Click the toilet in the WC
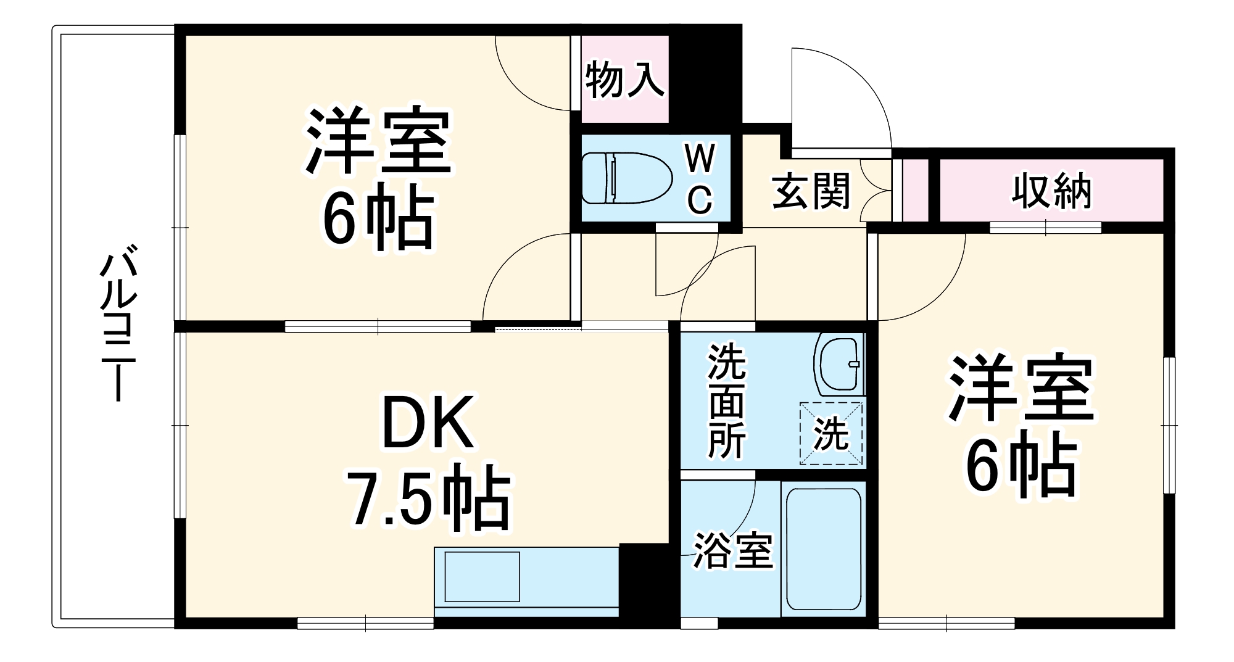[626, 178]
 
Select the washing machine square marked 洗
[830, 433]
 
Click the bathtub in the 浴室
[823, 549]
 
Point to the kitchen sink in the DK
[482, 577]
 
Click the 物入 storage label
[625, 80]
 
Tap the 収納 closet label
[1050, 191]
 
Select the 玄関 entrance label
[811, 191]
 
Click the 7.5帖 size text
[429, 499]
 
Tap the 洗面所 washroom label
[726, 402]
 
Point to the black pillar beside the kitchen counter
[644, 583]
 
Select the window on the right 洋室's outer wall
[1169, 425]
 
